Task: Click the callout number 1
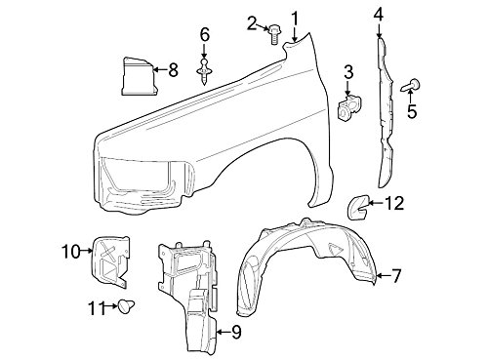(x=295, y=20)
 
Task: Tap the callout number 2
(x=252, y=23)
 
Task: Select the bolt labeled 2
(x=275, y=34)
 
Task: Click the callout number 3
(x=348, y=72)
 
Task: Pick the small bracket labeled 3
(x=349, y=108)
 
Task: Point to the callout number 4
(x=379, y=15)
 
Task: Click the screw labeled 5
(x=411, y=86)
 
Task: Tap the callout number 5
(x=412, y=111)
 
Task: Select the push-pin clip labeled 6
(x=204, y=71)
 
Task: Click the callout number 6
(x=205, y=35)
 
